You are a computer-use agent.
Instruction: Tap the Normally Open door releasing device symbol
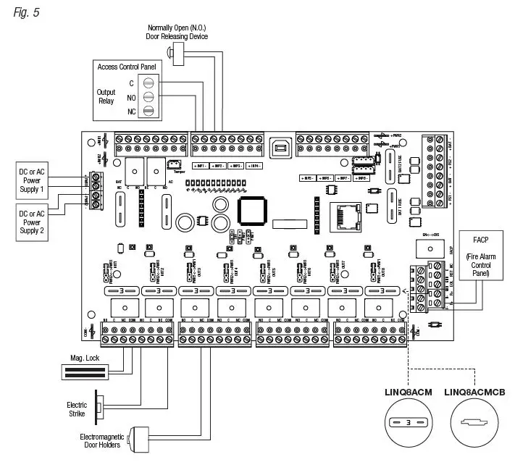pyautogui.click(x=175, y=52)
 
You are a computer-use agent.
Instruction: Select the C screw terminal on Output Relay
pyautogui.click(x=148, y=83)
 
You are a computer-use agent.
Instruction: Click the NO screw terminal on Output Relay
pyautogui.click(x=148, y=97)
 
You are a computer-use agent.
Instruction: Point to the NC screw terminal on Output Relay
pyautogui.click(x=148, y=111)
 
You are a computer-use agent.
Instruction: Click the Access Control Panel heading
pyautogui.click(x=128, y=67)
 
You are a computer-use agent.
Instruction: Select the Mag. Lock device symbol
pyautogui.click(x=84, y=372)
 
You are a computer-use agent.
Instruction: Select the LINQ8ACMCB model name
pyautogui.click(x=474, y=392)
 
